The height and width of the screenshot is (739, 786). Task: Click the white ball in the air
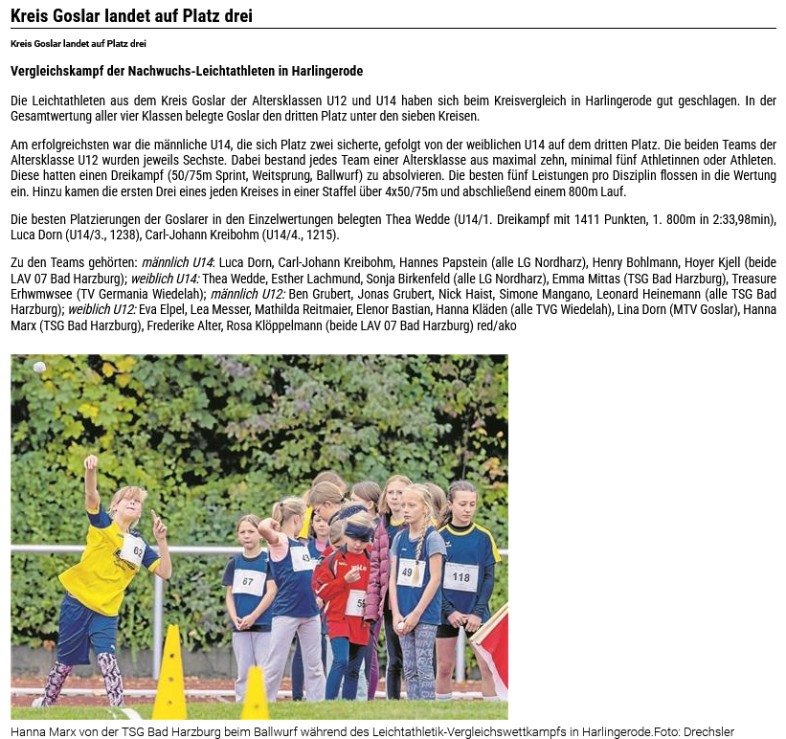coord(39,368)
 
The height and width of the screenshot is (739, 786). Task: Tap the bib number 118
coord(461,576)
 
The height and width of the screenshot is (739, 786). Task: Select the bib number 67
coord(248,581)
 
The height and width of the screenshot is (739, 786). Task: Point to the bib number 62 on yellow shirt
coord(133,551)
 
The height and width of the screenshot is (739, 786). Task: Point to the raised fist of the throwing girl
coord(90,463)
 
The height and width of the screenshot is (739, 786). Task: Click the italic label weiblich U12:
coord(102,310)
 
